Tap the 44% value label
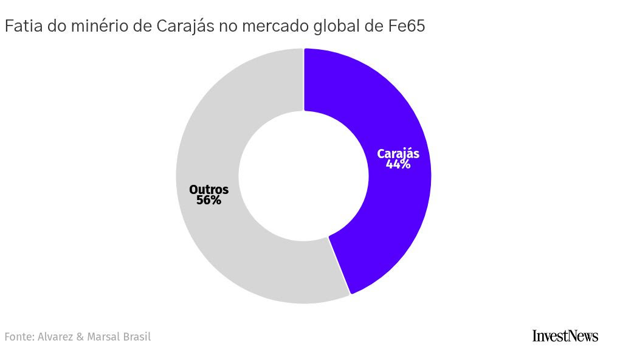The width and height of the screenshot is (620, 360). [x=398, y=164]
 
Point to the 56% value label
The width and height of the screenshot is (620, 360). [x=208, y=200]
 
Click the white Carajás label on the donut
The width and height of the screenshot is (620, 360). [x=398, y=154]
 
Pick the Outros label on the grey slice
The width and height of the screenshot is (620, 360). [x=208, y=190]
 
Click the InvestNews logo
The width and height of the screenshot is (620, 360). [x=565, y=336]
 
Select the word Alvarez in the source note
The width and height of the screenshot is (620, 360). [x=55, y=336]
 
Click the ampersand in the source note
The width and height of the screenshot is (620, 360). [x=81, y=336]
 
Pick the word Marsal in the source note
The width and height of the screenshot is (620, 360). [x=103, y=336]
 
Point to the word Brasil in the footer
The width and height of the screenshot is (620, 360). [x=137, y=336]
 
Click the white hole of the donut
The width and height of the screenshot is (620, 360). [x=303, y=176]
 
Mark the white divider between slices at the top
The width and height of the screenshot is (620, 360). [x=303, y=80]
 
